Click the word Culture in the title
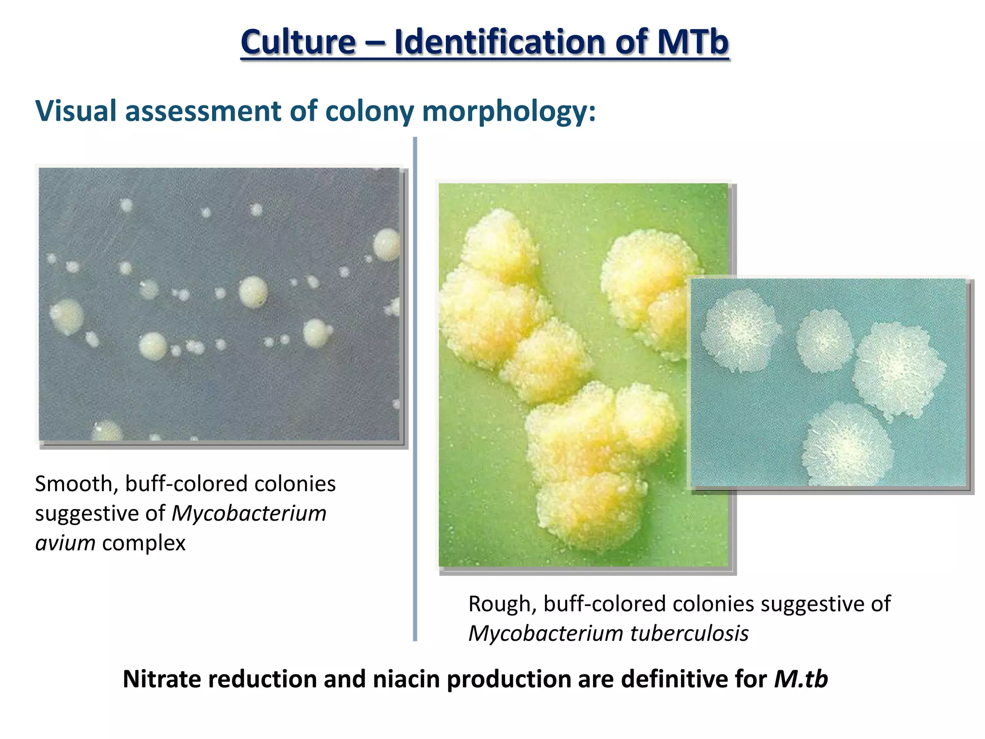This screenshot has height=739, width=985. click(x=298, y=42)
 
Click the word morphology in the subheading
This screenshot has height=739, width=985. click(x=509, y=112)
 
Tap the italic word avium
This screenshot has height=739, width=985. click(x=65, y=543)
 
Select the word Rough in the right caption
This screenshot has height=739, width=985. click(x=502, y=604)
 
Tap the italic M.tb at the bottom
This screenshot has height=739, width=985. click(x=801, y=679)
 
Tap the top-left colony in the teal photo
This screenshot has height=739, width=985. click(x=740, y=331)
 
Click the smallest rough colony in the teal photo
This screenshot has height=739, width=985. click(x=824, y=340)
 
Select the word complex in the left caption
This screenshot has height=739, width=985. click(x=144, y=543)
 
